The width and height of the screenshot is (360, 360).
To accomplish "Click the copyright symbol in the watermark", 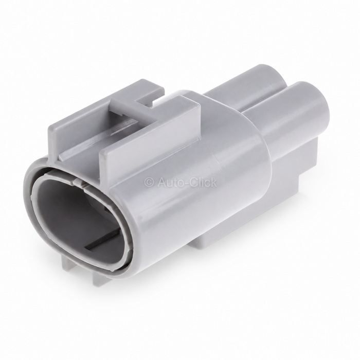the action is pyautogui.click(x=149, y=183).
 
